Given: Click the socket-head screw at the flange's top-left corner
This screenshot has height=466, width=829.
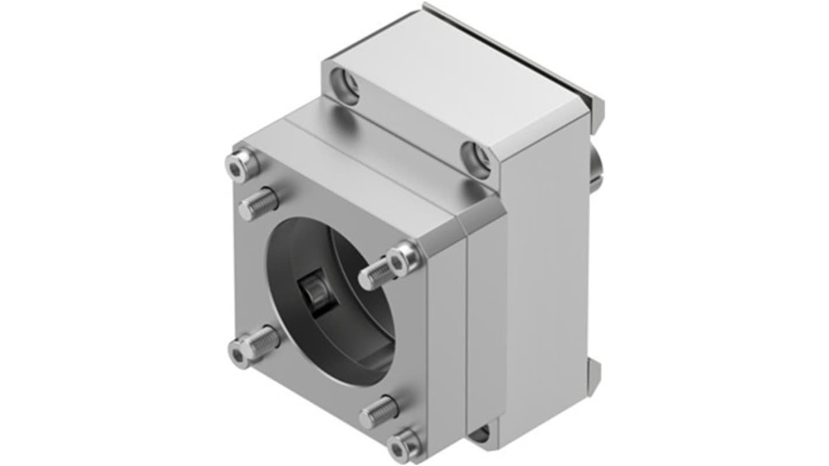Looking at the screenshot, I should [x=240, y=165].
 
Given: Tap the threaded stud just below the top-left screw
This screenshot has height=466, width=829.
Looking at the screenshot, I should [x=259, y=203].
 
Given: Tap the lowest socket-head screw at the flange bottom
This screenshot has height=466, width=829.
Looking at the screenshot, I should [x=403, y=447].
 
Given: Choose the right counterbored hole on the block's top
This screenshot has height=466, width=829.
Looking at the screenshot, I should [x=477, y=158].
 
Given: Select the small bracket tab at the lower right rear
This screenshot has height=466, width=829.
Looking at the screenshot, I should [x=594, y=371].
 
